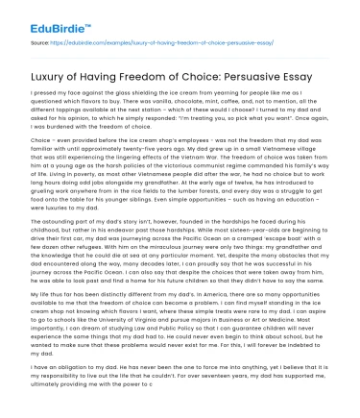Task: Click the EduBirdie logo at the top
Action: [39, 15]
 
